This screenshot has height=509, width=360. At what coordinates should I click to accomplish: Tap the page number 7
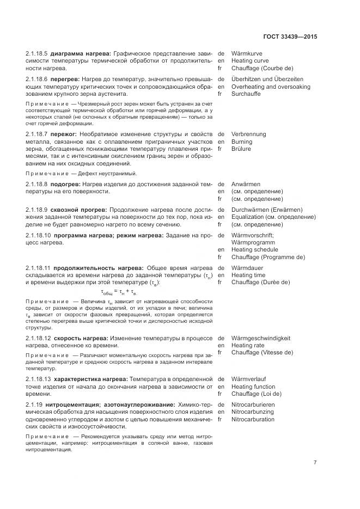click(x=315, y=463)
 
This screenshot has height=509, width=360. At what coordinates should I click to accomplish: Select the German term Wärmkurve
click(x=247, y=54)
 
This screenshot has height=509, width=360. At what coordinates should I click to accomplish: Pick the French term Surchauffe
click(x=246, y=94)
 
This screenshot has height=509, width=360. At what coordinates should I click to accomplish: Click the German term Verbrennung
click(x=248, y=134)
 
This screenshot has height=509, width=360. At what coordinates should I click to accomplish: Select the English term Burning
click(x=242, y=142)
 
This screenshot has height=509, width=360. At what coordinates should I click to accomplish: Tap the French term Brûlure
click(x=241, y=149)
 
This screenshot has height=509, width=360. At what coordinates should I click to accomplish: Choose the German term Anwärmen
click(x=246, y=185)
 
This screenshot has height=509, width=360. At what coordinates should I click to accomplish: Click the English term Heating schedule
click(x=254, y=249)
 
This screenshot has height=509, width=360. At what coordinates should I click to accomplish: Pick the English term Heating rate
click(x=248, y=345)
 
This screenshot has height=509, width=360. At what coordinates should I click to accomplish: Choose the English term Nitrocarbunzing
click(x=253, y=412)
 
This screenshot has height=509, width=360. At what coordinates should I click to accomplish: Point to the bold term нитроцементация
click(x=70, y=404)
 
